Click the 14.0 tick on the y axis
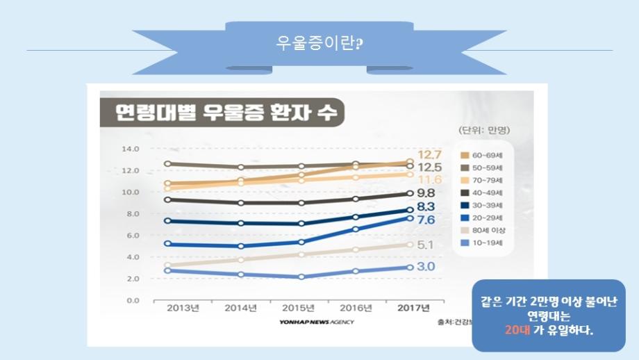click(131, 149)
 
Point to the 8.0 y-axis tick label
click(133, 213)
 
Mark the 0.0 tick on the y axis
click(133, 300)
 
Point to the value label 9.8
click(426, 193)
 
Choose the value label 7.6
click(426, 220)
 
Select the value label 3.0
click(426, 267)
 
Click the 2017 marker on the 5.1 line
click(410, 245)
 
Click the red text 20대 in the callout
click(515, 329)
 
